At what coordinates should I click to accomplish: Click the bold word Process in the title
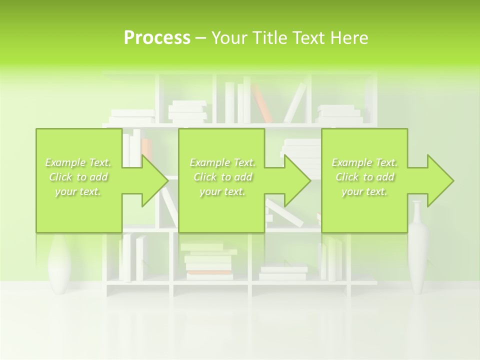tap(157, 38)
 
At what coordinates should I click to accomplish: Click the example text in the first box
tap(78, 177)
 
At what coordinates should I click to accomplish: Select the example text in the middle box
tap(222, 177)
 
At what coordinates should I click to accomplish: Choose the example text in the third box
tap(364, 177)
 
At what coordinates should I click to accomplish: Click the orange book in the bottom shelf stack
tap(209, 273)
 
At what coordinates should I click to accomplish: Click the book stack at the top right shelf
tap(340, 115)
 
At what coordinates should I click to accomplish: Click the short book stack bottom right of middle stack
tap(283, 273)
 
